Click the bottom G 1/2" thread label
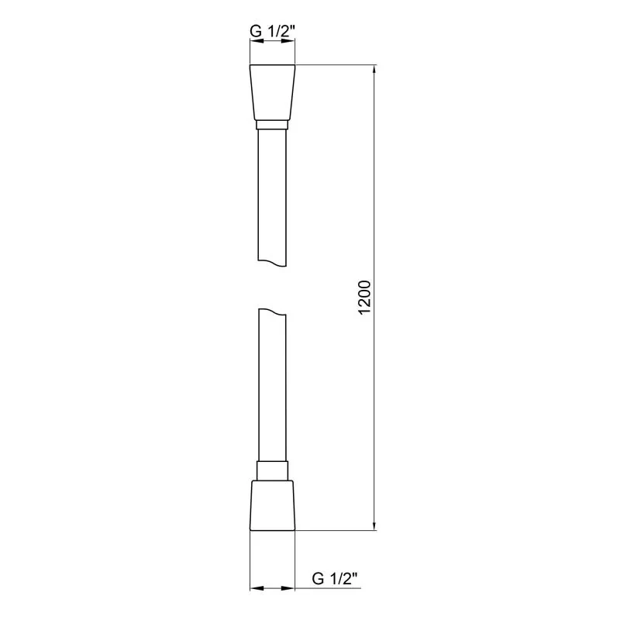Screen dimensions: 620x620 (x=334, y=578)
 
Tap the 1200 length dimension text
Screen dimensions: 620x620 (x=367, y=298)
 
